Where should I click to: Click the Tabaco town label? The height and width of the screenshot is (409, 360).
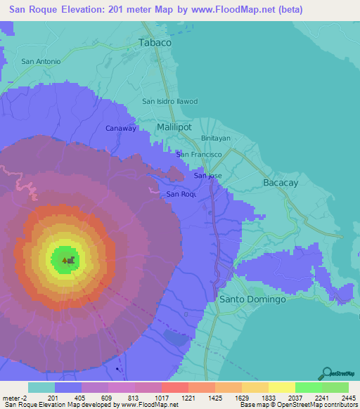coord(155,42)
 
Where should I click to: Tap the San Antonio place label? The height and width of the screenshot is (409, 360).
coord(41,61)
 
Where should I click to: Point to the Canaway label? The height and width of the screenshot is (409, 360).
coord(120,128)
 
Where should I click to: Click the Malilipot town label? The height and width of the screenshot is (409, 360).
coord(174,127)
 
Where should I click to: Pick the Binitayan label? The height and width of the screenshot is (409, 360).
coord(216,138)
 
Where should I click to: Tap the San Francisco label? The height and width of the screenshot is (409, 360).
coord(200,154)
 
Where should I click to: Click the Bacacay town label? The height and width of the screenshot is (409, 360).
coord(281,182)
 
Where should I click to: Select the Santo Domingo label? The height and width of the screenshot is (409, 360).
coord(253,299)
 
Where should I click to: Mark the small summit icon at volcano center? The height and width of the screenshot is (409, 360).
coord(68,260)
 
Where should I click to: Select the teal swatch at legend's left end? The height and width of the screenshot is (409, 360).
coord(41,387)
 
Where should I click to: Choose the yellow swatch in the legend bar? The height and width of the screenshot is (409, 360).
coord(281,387)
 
